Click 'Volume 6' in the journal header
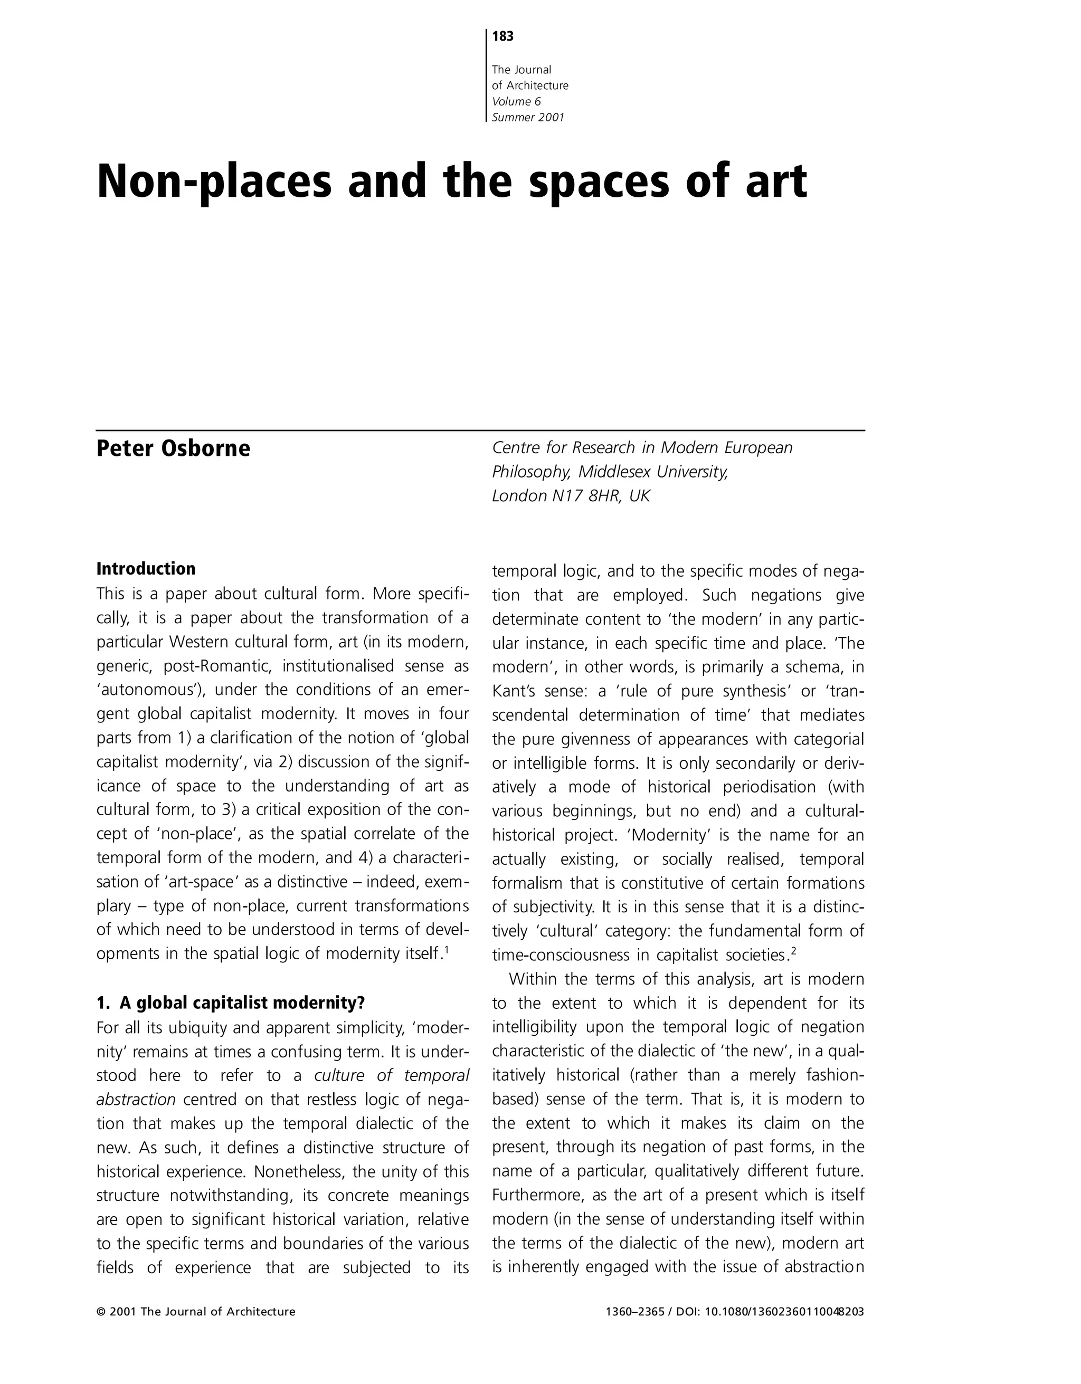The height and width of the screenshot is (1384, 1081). [x=516, y=101]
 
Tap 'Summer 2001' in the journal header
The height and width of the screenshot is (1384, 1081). [x=527, y=117]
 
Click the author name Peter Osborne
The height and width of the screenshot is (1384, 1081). [x=173, y=448]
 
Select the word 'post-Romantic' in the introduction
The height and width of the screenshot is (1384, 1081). [x=217, y=666]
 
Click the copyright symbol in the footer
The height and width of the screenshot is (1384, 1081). [x=101, y=1312]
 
